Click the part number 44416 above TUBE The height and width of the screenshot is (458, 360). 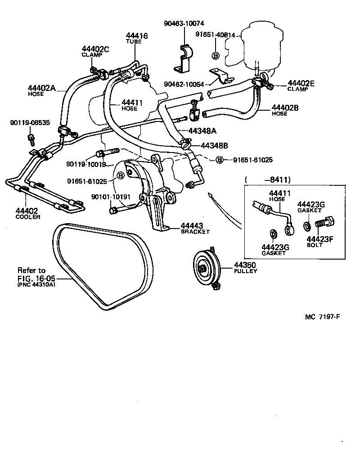pos(137,36)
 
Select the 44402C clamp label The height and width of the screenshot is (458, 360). pos(95,49)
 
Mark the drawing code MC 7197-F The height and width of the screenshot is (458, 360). pos(322,316)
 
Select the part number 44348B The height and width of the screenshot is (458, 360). pos(214,145)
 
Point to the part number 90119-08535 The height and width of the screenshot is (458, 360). pos(30,122)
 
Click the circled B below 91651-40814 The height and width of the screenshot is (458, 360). pos(215,55)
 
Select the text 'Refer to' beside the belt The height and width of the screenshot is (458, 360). pos(31,270)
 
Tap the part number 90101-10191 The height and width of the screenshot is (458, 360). pos(111,197)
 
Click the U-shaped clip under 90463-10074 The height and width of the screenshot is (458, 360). pos(182,58)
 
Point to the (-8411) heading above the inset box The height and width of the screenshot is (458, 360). pos(268,180)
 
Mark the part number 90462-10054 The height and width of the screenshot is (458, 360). pos(184,84)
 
